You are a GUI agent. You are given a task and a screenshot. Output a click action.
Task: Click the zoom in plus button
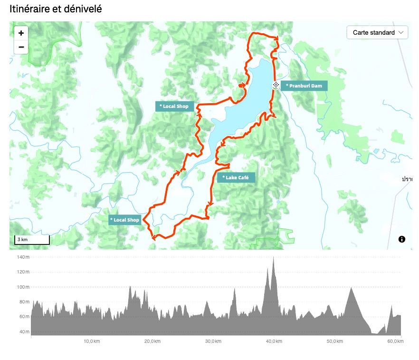click(21, 33)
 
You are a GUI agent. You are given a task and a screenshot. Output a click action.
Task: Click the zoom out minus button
click(21, 47)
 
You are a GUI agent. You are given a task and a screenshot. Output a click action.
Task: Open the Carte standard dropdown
click(378, 32)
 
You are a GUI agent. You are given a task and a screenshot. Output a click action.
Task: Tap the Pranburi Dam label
click(305, 86)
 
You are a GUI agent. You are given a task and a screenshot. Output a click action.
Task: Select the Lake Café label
click(236, 177)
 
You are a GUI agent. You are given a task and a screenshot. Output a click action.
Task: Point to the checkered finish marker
click(276, 85)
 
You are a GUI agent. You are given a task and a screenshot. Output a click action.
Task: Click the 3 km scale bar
click(32, 240)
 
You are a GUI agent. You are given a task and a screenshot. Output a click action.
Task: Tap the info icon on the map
click(402, 239)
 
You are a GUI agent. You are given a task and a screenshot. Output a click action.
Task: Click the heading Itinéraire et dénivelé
click(56, 9)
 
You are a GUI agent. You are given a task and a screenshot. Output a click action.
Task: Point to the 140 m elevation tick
click(23, 257)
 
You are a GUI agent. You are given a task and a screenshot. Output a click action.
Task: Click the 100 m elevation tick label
click(23, 287)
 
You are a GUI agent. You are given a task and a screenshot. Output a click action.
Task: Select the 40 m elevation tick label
click(24, 331)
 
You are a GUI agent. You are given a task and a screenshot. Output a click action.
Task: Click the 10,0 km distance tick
click(92, 341)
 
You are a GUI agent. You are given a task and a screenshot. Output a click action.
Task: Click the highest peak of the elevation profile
click(274, 257)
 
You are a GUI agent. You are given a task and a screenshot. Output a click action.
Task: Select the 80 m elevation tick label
click(24, 302)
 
